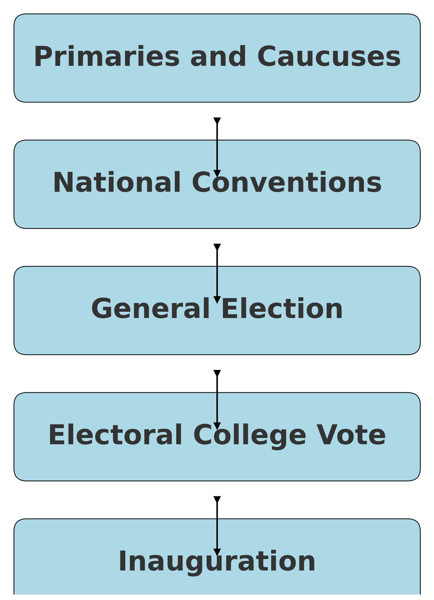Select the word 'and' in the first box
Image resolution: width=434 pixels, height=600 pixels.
click(218, 57)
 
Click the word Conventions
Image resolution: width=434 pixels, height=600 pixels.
click(286, 183)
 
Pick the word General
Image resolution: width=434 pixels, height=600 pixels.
click(150, 309)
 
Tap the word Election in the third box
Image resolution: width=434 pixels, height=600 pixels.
click(282, 309)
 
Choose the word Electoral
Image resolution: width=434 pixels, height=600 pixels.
click(115, 435)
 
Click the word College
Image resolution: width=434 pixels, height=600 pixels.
click(249, 435)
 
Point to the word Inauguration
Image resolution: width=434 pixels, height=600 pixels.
click(217, 561)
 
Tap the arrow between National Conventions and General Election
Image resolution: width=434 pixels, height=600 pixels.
click(217, 272)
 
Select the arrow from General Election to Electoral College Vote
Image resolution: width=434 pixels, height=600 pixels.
click(217, 398)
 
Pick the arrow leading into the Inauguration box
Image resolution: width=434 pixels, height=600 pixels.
click(217, 525)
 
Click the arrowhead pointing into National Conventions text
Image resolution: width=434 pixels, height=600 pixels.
click(217, 173)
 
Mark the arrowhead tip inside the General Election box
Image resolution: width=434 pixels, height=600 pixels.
click(217, 300)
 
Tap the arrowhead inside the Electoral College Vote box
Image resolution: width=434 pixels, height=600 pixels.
click(217, 426)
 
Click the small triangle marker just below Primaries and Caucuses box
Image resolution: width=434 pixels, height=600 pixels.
click(217, 120)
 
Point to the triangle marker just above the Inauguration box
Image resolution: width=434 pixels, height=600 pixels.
click(217, 499)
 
